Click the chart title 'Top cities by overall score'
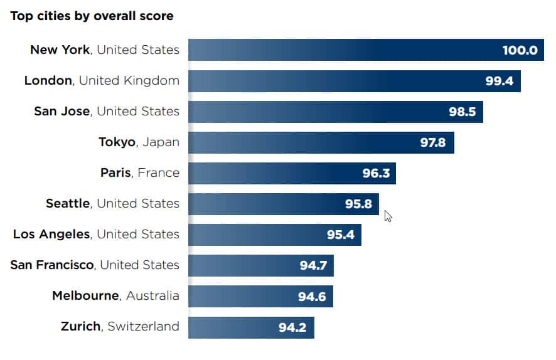tap(92, 16)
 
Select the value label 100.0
tap(520, 50)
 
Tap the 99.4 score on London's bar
tap(500, 81)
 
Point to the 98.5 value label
tap(462, 112)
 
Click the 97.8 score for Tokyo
tap(433, 142)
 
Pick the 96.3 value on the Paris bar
tap(376, 173)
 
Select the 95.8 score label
tap(358, 204)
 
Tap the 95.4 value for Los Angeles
tap(341, 235)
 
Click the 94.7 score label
tap(313, 265)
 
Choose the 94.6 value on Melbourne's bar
tap(312, 296)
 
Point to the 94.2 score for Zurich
tap(292, 327)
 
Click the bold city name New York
tap(60, 50)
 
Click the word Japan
tap(161, 142)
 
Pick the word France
tap(158, 172)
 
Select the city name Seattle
tap(68, 203)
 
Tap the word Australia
tap(152, 295)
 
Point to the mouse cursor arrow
tap(388, 216)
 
